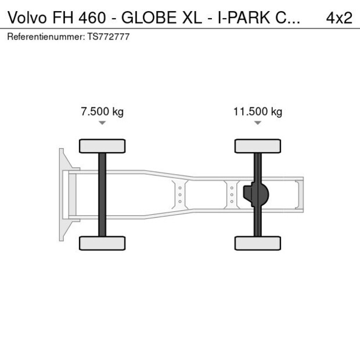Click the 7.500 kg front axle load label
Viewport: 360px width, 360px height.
tap(102, 112)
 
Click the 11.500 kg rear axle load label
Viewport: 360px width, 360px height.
tap(257, 112)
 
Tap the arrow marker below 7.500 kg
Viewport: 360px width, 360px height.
tap(102, 123)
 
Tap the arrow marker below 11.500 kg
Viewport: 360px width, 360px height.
tap(257, 123)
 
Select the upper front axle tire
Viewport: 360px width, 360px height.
tap(102, 146)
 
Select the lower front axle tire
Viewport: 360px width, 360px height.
tap(102, 243)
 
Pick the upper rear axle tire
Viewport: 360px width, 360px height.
tap(257, 146)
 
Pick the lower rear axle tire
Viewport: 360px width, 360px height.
tap(257, 243)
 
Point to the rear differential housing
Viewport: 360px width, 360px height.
tap(257, 194)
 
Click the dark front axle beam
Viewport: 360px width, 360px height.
tap(102, 194)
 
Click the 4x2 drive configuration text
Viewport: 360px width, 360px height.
tap(339, 17)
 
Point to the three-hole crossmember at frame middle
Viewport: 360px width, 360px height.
tap(180, 194)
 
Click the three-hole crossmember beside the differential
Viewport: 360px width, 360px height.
tap(232, 194)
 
